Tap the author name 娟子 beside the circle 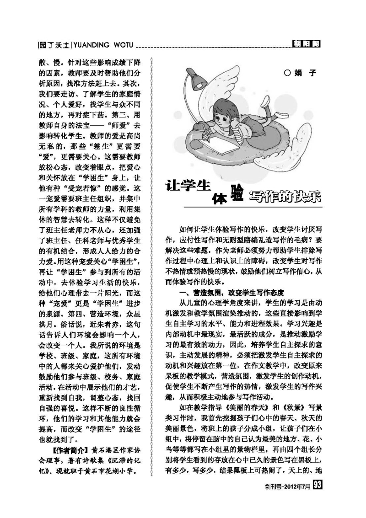[x=307, y=73]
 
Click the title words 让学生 [x=188, y=187]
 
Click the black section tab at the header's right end [x=306, y=44]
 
